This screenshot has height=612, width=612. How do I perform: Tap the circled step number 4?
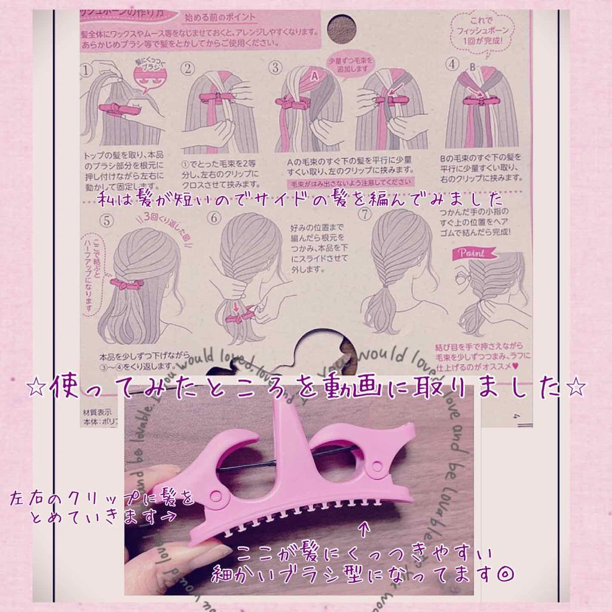(x=452, y=63)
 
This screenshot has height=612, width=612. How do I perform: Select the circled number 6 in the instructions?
(x=213, y=219)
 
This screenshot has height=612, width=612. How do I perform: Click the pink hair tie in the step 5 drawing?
(x=126, y=283)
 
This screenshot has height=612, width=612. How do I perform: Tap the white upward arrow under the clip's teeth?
(x=366, y=528)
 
